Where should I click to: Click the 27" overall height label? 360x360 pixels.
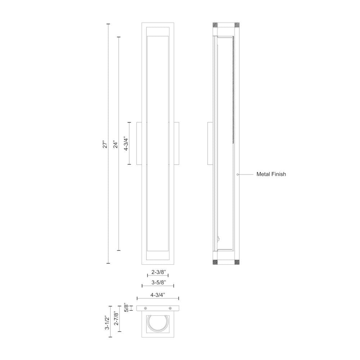click(x=105, y=144)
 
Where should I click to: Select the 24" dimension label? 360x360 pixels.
click(x=115, y=144)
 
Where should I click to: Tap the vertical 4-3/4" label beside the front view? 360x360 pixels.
click(x=126, y=144)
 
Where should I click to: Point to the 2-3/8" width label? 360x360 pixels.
click(x=158, y=272)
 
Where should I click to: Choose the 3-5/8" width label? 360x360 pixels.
click(x=158, y=282)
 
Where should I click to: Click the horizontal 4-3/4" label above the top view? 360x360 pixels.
click(x=158, y=295)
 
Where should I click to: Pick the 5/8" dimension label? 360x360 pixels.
click(x=126, y=308)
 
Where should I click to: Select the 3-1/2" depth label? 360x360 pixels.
click(x=107, y=323)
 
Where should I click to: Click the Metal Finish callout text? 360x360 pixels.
click(x=271, y=174)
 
